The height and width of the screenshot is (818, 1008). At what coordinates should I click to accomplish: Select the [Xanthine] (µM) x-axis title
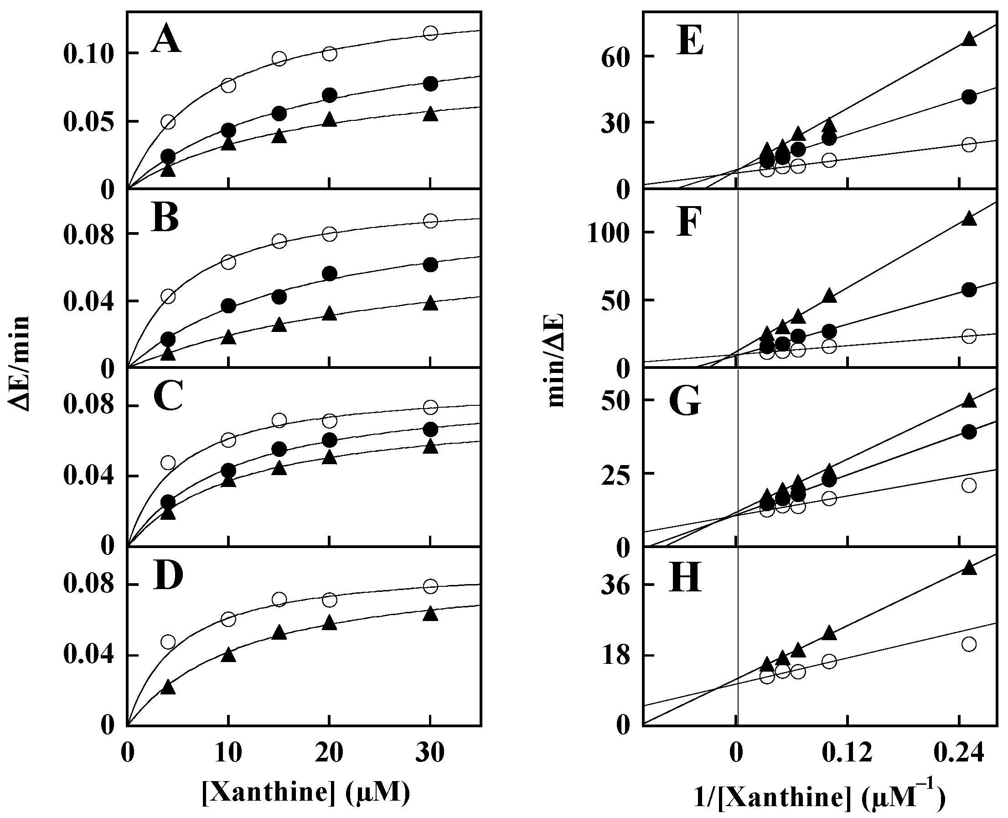pyautogui.click(x=305, y=792)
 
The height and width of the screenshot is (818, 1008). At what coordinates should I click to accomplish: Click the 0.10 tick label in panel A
pyautogui.click(x=88, y=55)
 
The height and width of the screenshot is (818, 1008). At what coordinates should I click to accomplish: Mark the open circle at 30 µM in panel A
pyautogui.click(x=430, y=33)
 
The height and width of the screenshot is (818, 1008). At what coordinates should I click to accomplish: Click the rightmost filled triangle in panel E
pyautogui.click(x=969, y=39)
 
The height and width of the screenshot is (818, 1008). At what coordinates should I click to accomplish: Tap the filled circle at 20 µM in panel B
pyautogui.click(x=330, y=273)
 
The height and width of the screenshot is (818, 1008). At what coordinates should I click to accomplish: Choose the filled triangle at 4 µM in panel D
pyautogui.click(x=168, y=688)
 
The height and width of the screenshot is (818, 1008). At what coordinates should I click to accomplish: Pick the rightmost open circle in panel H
pyautogui.click(x=969, y=644)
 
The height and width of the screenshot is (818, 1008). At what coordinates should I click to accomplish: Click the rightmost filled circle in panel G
pyautogui.click(x=969, y=432)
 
